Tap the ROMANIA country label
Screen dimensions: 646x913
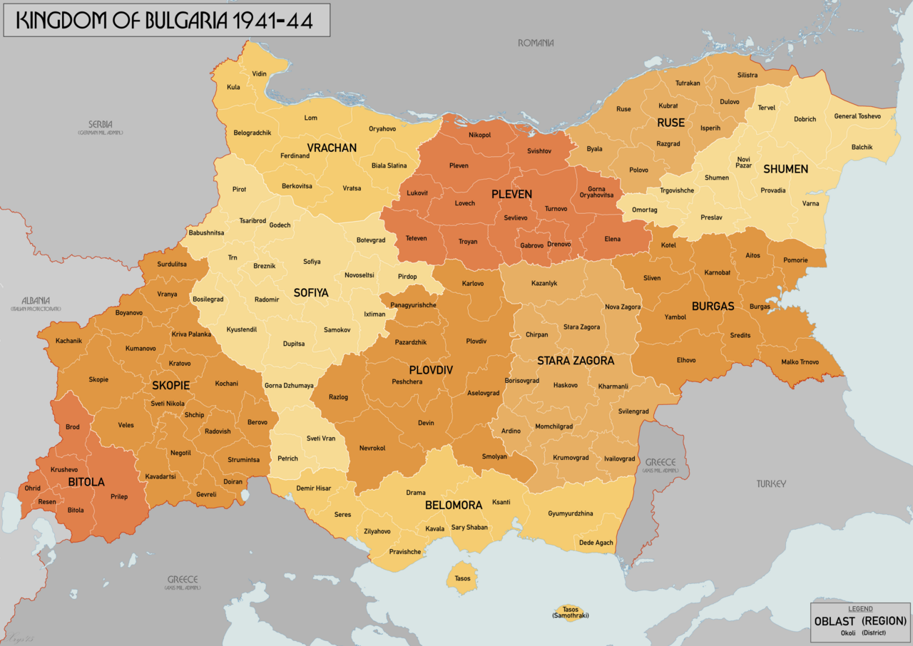(536, 43)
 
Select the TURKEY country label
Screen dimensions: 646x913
(771, 483)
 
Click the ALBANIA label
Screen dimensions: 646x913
(36, 300)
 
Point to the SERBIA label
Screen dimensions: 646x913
(101, 124)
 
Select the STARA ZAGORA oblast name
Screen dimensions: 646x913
(576, 360)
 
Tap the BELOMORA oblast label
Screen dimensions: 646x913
(454, 505)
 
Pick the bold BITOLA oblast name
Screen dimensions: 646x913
(86, 483)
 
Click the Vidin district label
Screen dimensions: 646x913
(260, 74)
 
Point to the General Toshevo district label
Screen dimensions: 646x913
(857, 116)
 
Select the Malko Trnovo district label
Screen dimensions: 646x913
(800, 362)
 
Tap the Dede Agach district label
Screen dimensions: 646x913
(596, 543)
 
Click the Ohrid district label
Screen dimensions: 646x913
(33, 488)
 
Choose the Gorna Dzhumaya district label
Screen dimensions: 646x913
(289, 386)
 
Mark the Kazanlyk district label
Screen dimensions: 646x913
(544, 283)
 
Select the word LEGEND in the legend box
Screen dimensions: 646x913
(860, 609)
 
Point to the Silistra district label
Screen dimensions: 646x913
(748, 75)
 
